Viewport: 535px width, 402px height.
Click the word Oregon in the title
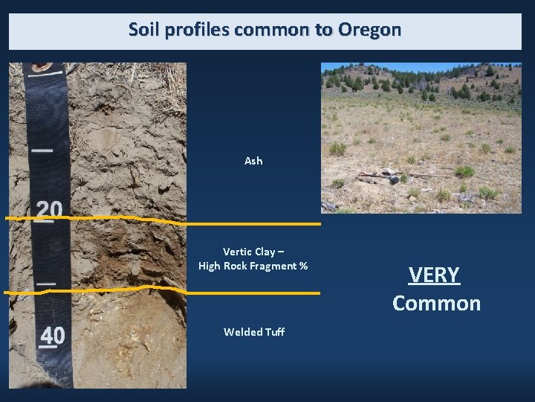369,30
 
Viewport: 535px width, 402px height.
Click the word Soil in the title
143,30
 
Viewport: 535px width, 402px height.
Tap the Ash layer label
253,161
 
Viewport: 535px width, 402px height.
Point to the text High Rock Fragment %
253,267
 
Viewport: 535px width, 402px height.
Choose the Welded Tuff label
253,332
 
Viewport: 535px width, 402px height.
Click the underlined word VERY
435,275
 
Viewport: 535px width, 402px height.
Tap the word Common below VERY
436,304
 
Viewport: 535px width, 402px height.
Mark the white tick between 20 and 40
46,284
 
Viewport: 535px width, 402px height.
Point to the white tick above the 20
42,150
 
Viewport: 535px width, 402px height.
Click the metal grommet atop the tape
42,66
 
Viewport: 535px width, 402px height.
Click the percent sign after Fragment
303,267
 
